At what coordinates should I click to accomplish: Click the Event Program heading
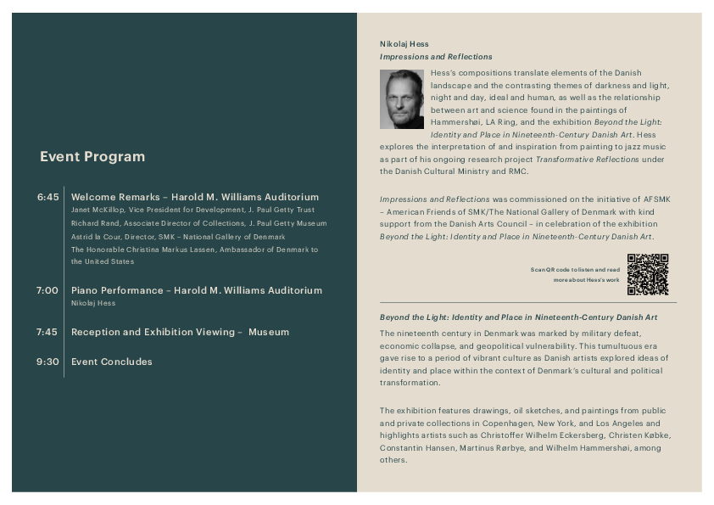coord(92,157)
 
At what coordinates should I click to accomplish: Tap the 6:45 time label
coord(48,197)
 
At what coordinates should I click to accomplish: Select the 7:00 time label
coord(47,290)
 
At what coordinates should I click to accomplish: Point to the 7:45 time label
coord(47,332)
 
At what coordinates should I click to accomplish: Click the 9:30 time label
coord(47,362)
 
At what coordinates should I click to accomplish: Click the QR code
coord(648,274)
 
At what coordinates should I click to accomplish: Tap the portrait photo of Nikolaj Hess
coord(402,99)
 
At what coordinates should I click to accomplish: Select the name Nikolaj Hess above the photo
coord(404,44)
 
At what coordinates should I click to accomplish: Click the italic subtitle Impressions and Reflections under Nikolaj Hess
coord(436,57)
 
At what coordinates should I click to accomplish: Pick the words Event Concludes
coord(112,362)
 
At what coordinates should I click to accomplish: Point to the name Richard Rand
coord(92,223)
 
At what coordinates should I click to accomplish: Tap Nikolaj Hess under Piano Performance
coord(93,303)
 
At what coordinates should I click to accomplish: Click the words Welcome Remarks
coord(115,197)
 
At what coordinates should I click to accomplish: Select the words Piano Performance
coord(117,290)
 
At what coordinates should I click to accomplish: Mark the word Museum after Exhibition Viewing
coord(269,332)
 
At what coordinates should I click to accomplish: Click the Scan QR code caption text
coord(575,274)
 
